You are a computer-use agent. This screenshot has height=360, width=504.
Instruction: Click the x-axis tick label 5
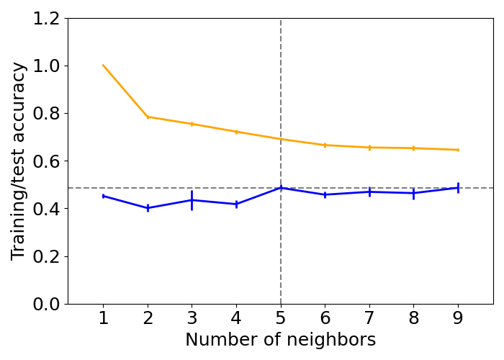point(281,318)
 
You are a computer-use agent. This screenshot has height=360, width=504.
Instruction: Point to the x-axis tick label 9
point(458,318)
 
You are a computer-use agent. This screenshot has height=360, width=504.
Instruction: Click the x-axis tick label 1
point(103,318)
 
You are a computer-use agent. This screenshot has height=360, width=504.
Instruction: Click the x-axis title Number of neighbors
point(281,340)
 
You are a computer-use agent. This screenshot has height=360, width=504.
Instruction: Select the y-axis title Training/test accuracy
point(19,161)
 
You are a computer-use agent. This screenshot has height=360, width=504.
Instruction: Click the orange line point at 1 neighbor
point(103,66)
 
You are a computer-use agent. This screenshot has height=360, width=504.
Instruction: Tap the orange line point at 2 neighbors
point(148,117)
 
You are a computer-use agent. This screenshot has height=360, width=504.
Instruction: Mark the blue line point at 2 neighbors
point(148,208)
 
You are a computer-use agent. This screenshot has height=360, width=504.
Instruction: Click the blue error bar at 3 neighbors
point(192,201)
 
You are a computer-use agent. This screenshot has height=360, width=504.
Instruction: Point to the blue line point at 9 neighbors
point(458,188)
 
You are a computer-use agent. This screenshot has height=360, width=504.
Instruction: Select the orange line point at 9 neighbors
point(458,150)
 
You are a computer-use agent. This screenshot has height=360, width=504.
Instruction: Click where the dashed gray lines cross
point(281,189)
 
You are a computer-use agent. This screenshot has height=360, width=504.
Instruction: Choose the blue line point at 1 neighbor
point(103,196)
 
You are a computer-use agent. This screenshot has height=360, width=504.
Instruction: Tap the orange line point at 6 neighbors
point(325,145)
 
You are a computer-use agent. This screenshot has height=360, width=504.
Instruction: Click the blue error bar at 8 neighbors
point(413,194)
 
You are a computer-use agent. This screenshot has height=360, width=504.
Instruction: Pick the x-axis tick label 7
point(369,318)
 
